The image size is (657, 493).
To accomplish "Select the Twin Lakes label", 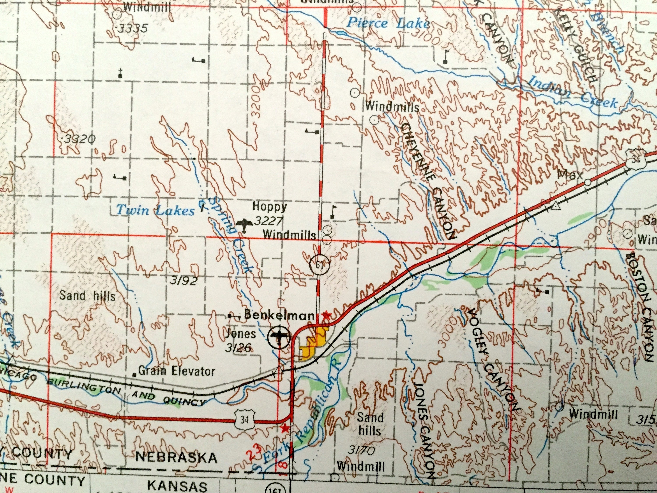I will (x=155, y=210).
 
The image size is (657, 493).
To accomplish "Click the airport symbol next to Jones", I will (x=278, y=337).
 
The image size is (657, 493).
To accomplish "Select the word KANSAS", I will (x=177, y=486).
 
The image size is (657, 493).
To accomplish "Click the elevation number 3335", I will (x=132, y=28).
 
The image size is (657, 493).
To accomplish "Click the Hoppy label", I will (x=270, y=207).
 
